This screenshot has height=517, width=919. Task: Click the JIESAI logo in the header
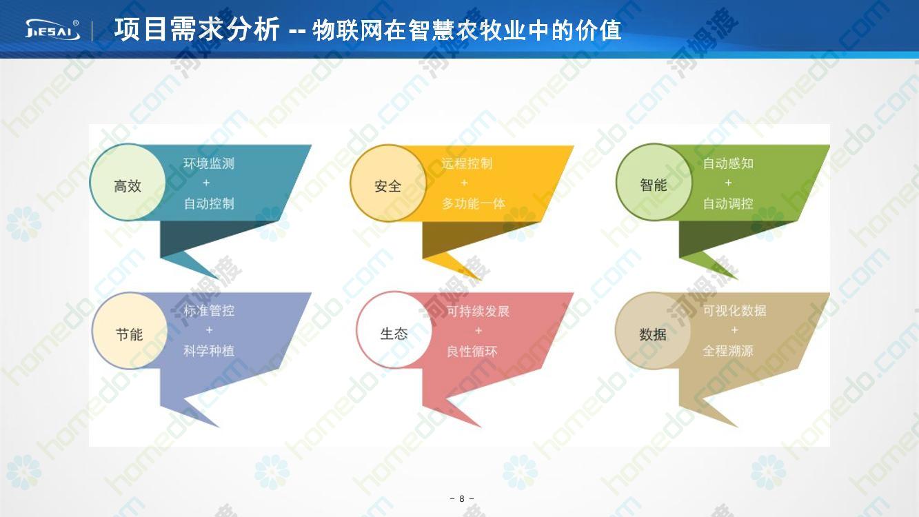point(52,30)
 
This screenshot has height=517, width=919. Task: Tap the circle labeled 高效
point(128,182)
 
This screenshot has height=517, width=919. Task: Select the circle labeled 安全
point(388,183)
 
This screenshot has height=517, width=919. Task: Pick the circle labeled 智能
point(654,182)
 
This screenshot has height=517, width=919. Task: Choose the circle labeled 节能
point(130,330)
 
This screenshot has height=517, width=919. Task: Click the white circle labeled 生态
point(394,330)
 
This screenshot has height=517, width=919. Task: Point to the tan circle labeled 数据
point(653,331)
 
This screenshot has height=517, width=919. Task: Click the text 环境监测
point(209,163)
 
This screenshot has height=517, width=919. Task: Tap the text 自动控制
point(209,203)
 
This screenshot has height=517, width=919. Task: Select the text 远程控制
point(467,163)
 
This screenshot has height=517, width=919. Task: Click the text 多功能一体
point(474,203)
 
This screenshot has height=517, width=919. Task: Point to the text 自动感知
point(728,163)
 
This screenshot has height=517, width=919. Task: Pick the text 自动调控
point(728,203)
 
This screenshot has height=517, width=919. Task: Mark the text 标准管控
point(209,311)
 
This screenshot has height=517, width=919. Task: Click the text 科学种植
point(209,351)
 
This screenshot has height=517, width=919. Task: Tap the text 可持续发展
point(478,312)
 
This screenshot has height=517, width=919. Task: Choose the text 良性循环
point(472,352)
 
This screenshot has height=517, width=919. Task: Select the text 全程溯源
point(728,351)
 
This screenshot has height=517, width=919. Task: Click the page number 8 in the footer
point(461,498)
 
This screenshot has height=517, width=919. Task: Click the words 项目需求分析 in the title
point(197,30)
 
